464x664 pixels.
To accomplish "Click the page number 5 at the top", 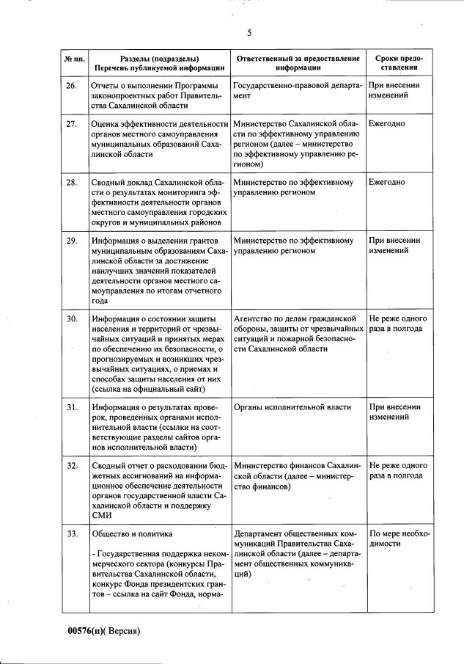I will (248, 33).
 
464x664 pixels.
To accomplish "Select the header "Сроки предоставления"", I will (398, 62).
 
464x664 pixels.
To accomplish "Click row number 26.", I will (72, 86).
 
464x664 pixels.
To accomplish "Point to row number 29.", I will (72, 240).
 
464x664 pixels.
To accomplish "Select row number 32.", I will (72, 465).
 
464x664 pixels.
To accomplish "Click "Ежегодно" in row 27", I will (386, 123).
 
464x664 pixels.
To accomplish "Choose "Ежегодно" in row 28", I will (386, 181).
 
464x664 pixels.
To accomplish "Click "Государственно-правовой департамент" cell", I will (297, 91).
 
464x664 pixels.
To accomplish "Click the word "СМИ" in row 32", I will (101, 517).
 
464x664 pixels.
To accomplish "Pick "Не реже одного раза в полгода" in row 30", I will (398, 324).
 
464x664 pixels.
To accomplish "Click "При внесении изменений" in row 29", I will (394, 245).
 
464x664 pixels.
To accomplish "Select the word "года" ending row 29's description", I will (100, 301).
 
